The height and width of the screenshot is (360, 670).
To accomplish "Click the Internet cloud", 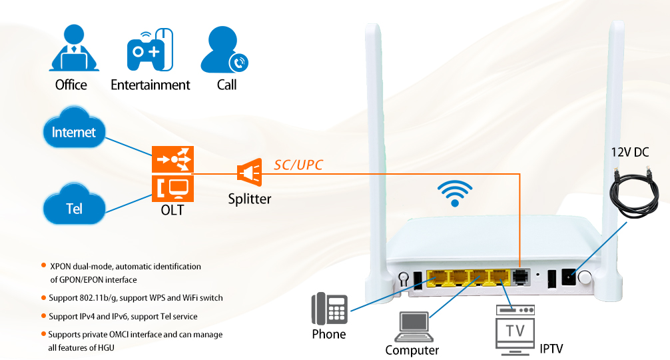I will pos(74,132).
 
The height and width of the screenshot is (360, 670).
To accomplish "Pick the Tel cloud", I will pos(74,208).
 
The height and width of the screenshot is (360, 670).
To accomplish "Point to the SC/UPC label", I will pos(298,165).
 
